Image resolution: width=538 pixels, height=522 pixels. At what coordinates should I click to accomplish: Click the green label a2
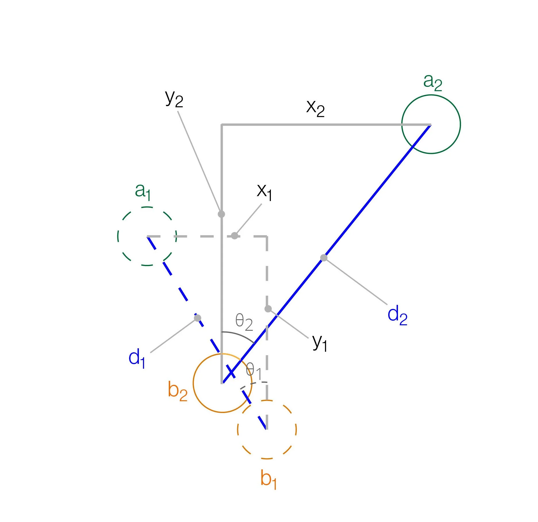point(432,82)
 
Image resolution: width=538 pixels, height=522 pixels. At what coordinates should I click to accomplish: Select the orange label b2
point(177,391)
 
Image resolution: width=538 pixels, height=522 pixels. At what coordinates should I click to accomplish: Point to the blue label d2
point(397,315)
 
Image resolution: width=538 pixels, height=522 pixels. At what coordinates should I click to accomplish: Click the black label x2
point(315,108)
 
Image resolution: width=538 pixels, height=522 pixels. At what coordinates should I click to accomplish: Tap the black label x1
point(264,192)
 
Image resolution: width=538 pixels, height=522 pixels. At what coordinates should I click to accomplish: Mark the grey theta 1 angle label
point(254,371)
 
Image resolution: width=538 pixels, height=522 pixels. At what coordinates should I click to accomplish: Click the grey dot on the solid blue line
point(324,258)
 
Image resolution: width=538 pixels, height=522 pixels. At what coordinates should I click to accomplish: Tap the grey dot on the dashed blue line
point(198,318)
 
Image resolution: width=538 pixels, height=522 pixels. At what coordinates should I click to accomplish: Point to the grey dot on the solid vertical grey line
point(221,214)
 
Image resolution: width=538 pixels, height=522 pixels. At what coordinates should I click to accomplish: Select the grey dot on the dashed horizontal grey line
point(235,236)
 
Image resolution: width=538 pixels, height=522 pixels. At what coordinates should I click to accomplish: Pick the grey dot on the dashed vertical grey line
point(268,309)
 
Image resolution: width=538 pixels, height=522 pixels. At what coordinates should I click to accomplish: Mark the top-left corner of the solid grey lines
point(222,125)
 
